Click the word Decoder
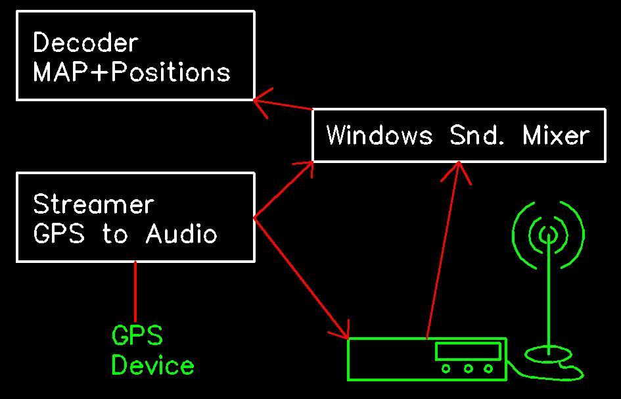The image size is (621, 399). pos(85,43)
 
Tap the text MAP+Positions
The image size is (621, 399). pos(131,72)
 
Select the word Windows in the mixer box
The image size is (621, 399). pos(379,135)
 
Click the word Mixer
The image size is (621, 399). pos(556,135)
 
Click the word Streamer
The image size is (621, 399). pos(93,204)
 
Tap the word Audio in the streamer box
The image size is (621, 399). pos(181,233)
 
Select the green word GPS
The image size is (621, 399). pos(137,336)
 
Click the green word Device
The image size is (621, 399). pos(152,365)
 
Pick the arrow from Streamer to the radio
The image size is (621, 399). pos(299,276)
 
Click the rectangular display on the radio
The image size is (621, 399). pos(468,351)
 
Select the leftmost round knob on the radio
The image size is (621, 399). pos(446,369)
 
